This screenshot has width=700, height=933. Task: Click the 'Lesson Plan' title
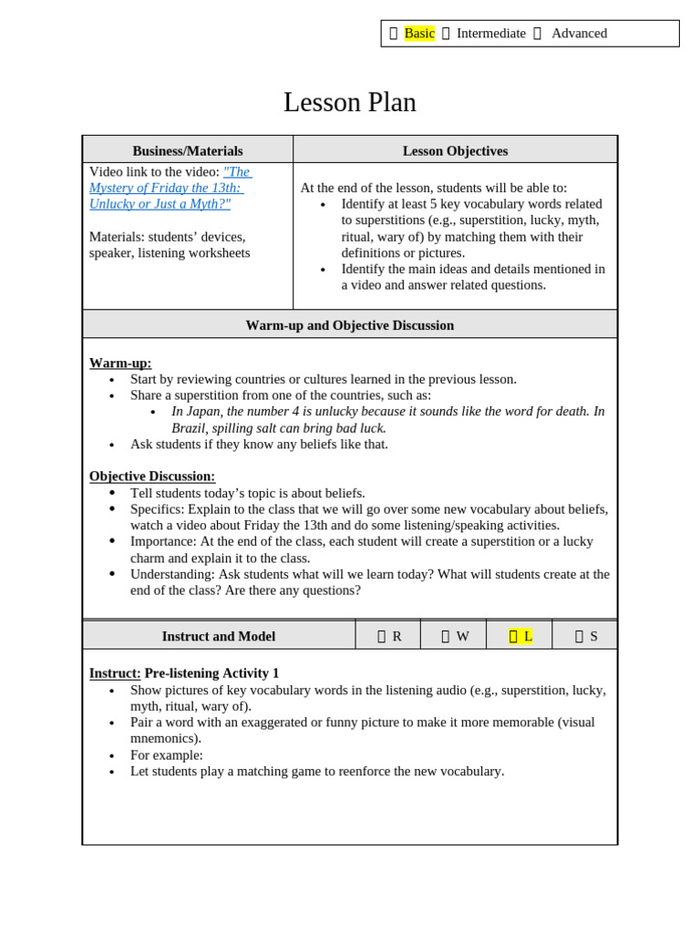coord(349,102)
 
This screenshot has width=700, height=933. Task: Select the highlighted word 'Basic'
coord(419,34)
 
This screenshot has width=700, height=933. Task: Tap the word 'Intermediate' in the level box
coord(490,34)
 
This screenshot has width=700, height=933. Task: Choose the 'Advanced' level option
coord(579,34)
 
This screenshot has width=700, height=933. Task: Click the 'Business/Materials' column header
coord(188,151)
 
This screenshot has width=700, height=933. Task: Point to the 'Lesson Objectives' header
coord(455,151)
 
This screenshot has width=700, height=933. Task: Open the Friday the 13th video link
coord(170,188)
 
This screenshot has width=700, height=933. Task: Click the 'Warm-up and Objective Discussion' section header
coord(349,325)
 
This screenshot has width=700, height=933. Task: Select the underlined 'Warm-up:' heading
coord(120,363)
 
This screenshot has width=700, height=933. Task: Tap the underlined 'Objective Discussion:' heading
coord(152,476)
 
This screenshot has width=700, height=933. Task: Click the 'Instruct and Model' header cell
coord(219,636)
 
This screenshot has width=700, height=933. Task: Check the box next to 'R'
coord(382,637)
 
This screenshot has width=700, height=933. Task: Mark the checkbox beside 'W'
coord(446,637)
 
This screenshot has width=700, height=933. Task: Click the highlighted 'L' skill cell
coord(520,636)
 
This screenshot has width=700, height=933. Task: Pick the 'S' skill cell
coord(580,637)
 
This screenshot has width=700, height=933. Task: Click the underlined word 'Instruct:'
coord(115,673)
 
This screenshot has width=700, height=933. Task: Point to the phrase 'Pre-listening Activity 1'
coord(211,673)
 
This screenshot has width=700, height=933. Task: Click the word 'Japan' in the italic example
coord(204,411)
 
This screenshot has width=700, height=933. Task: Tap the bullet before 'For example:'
coord(111,756)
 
